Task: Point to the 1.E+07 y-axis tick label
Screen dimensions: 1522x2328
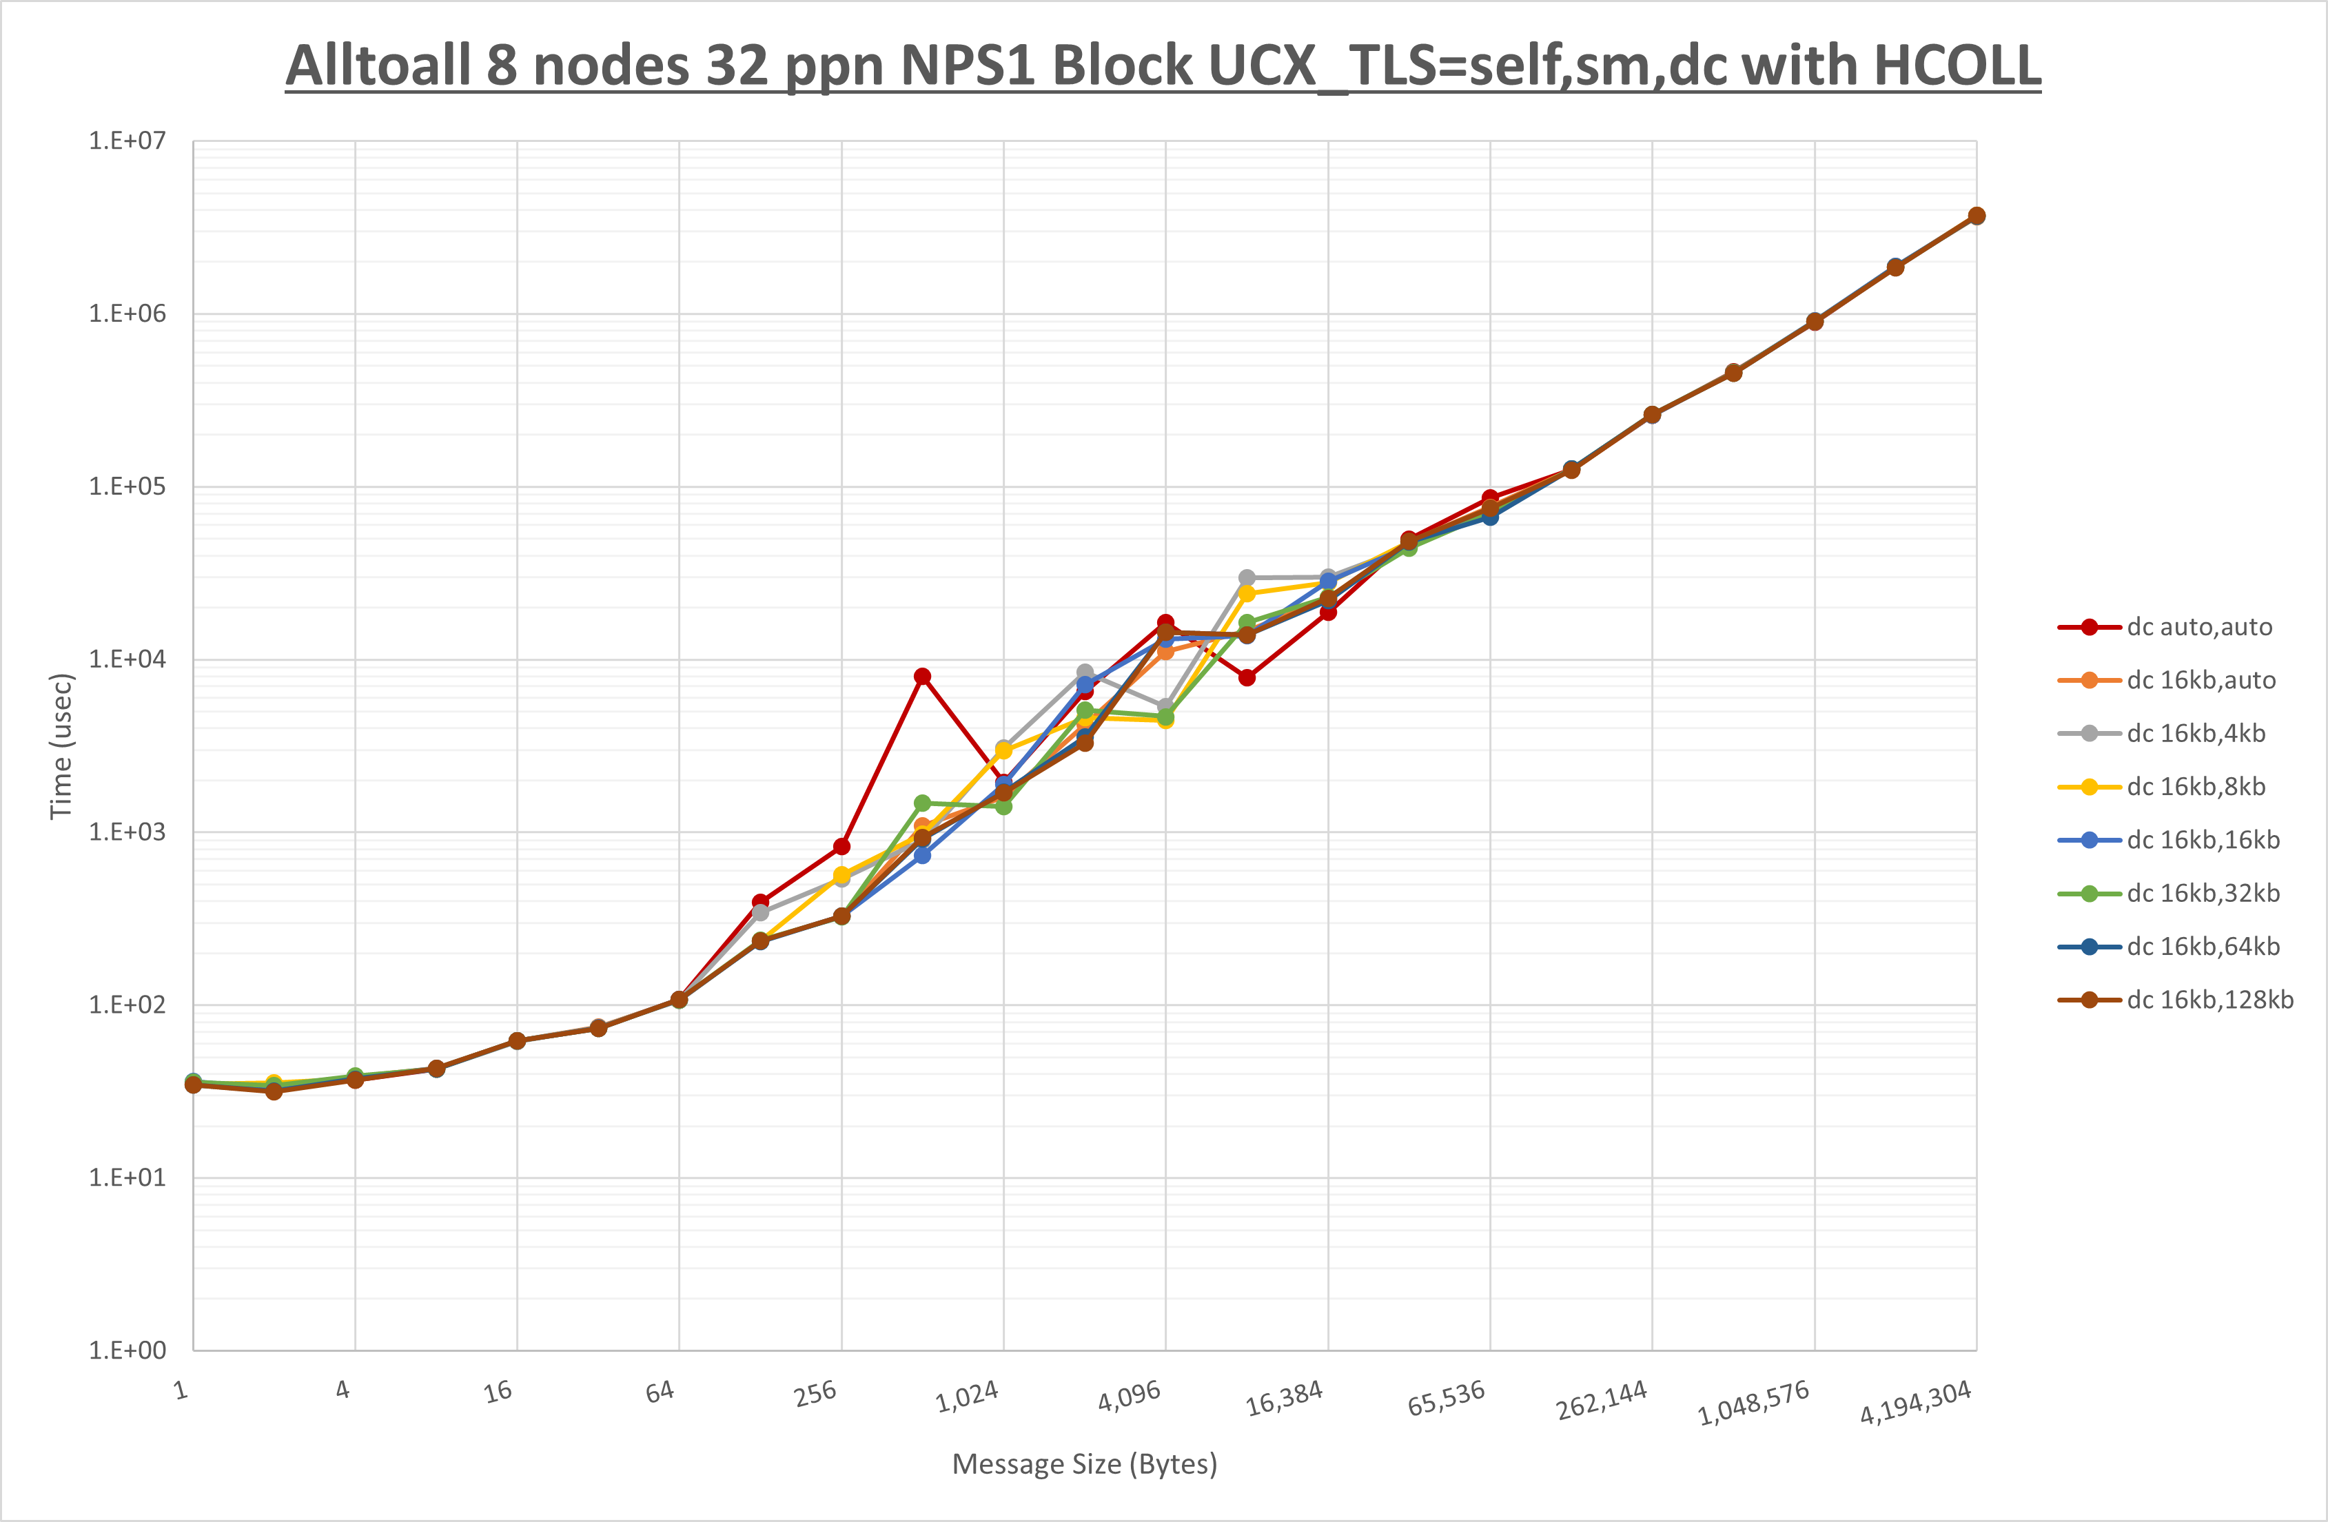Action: pyautogui.click(x=127, y=141)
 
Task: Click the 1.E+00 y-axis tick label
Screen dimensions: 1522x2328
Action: pyautogui.click(x=127, y=1351)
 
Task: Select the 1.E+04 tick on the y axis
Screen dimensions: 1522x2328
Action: pyautogui.click(x=127, y=659)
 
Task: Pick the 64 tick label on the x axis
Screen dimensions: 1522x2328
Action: pyautogui.click(x=660, y=1392)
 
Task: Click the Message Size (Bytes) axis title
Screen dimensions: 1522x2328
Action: pyautogui.click(x=1084, y=1464)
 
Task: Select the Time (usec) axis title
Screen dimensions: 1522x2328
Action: pyautogui.click(x=61, y=745)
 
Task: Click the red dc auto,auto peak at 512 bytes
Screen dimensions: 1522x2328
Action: pyautogui.click(x=922, y=677)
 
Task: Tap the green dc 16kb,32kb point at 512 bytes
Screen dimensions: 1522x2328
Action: pyautogui.click(x=922, y=803)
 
